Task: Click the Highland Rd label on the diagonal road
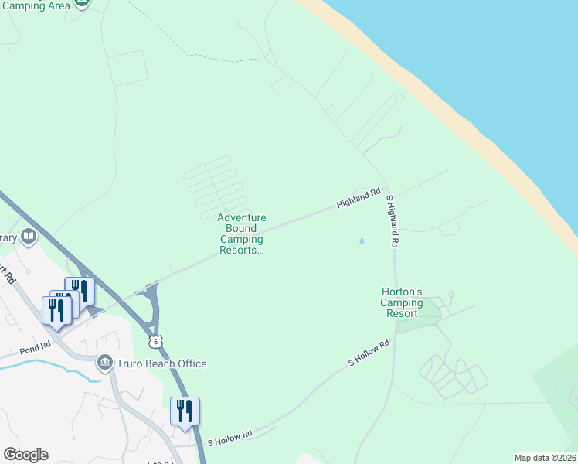click(359, 199)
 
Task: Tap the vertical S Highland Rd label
click(393, 221)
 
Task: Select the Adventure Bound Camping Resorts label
click(242, 234)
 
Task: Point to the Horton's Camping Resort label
click(402, 302)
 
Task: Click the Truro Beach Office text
click(162, 363)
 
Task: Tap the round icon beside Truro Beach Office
click(105, 362)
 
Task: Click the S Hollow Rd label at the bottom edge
click(230, 438)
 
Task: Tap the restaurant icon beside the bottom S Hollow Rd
click(185, 411)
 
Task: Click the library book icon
click(29, 236)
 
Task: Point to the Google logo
click(25, 455)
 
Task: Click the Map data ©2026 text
click(545, 458)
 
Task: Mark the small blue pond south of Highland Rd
click(362, 241)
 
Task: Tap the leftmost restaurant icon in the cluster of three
click(56, 309)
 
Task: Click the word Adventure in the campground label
click(242, 219)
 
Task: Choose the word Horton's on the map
click(402, 292)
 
